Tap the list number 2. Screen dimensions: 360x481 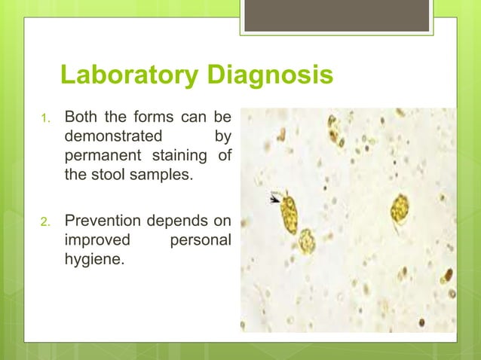pos(44,221)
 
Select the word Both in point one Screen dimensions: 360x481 pos(81,118)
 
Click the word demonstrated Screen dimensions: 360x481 pos(113,138)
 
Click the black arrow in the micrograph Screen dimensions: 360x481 pos(276,198)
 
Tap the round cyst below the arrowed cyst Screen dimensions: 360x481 pos(306,241)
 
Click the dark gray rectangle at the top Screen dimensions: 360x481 pos(336,15)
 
